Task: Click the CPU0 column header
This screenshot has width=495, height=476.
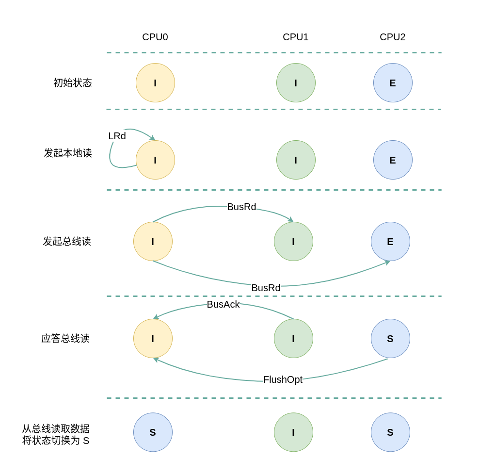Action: (x=155, y=37)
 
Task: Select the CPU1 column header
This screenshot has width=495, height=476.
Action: (x=296, y=37)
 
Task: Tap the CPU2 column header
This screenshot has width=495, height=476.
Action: (x=393, y=37)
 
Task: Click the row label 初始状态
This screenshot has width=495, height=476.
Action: (x=73, y=83)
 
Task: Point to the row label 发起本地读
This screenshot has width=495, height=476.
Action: (x=68, y=153)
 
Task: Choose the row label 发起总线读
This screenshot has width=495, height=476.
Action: (x=67, y=242)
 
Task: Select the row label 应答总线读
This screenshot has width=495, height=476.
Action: (x=65, y=339)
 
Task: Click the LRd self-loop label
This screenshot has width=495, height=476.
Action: (x=117, y=136)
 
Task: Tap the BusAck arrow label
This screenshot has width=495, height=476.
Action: (x=223, y=305)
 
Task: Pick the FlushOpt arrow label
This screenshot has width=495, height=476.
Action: (x=283, y=380)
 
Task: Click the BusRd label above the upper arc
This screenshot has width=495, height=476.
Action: (x=241, y=207)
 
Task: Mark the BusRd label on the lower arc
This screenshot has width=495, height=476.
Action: (x=266, y=288)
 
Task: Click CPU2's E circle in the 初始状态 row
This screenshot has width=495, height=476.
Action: (x=393, y=83)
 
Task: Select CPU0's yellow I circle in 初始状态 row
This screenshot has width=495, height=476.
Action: (x=155, y=83)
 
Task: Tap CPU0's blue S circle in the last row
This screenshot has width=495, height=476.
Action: (x=153, y=432)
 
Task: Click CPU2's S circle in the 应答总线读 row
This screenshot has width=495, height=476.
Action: (x=390, y=339)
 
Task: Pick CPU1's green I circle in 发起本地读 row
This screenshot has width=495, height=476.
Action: (x=296, y=160)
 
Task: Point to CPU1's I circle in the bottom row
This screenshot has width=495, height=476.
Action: (x=293, y=432)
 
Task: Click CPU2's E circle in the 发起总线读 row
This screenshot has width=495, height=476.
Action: (x=390, y=242)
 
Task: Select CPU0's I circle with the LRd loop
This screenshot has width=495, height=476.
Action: (x=155, y=160)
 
